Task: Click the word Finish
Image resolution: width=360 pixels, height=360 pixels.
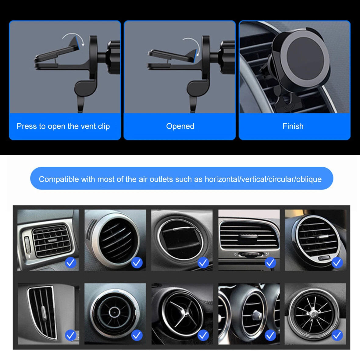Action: pyautogui.click(x=293, y=126)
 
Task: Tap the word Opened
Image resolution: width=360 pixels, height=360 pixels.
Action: pyautogui.click(x=180, y=126)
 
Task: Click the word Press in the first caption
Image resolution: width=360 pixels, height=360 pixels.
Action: pyautogui.click(x=27, y=126)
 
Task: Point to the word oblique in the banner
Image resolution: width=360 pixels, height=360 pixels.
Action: pyautogui.click(x=309, y=179)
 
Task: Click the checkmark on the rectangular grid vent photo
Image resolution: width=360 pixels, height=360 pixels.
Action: pyautogui.click(x=71, y=262)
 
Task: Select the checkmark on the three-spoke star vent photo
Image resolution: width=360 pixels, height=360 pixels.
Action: pyautogui.click(x=203, y=335)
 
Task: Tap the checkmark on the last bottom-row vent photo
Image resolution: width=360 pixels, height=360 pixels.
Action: pyautogui.click(x=337, y=335)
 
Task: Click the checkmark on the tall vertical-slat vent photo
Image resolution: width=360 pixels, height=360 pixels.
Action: pyautogui.click(x=71, y=335)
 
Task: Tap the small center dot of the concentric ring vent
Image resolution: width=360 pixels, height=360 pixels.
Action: pyautogui.click(x=114, y=312)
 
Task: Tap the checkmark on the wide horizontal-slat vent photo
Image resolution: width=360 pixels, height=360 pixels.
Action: pyautogui.click(x=270, y=262)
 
